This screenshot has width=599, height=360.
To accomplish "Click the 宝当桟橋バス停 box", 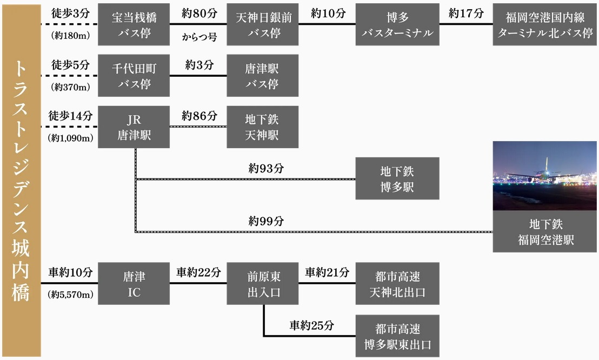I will pos(134,25).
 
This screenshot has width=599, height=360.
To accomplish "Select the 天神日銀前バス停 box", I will pos(262,25).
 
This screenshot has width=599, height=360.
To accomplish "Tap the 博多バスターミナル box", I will pos(398,25).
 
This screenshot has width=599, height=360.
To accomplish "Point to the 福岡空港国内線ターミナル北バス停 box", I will pos(545,25).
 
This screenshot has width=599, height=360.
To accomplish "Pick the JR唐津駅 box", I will pos(134,127).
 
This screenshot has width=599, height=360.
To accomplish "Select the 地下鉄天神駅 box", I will pos(262,127).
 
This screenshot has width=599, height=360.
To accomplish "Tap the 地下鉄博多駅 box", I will pos(398,178).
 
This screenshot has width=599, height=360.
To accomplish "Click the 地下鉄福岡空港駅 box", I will pos(545,232).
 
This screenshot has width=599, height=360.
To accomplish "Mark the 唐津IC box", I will pos(134,284).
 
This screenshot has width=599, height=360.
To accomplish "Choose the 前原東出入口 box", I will pos(262,284).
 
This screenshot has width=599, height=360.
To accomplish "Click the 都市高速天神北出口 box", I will pos(398,284).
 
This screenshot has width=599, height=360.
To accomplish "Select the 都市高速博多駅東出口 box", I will pos(398,336).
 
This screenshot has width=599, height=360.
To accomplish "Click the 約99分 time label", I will pos(267,221).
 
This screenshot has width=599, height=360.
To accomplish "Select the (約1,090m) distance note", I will pos(71,138).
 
